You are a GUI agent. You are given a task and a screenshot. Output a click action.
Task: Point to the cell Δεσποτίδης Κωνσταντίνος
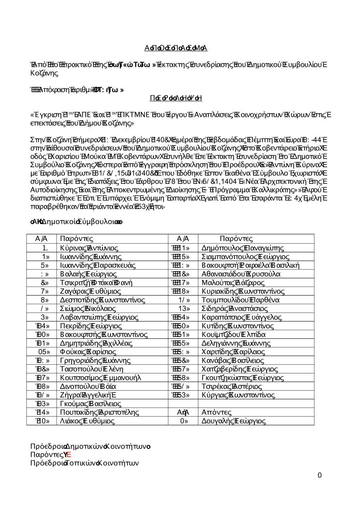103,300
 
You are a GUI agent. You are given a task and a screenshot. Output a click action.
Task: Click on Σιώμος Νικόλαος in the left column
88,308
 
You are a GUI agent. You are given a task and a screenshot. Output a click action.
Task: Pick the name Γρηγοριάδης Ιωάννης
95,360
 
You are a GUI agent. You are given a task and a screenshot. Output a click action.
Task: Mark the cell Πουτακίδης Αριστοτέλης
99,412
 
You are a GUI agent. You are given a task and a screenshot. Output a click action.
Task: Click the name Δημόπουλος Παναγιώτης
243,248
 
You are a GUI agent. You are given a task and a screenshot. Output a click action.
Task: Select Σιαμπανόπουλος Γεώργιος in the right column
246,256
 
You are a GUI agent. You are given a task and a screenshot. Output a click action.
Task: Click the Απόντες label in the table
216,412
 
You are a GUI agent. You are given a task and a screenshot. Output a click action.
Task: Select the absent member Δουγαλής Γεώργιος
234,421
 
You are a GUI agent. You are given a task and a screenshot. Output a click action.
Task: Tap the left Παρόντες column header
77,238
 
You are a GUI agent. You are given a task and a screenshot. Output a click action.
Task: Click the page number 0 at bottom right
320,475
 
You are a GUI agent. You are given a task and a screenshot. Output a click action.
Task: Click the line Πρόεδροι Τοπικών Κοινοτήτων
85,463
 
